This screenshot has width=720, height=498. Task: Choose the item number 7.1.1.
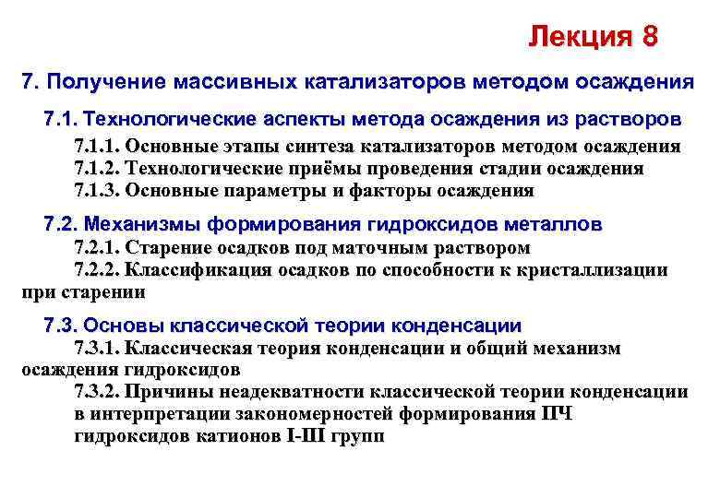[96, 147]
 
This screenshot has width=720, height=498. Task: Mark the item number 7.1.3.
[96, 191]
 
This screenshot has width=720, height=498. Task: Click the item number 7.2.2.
[96, 270]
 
